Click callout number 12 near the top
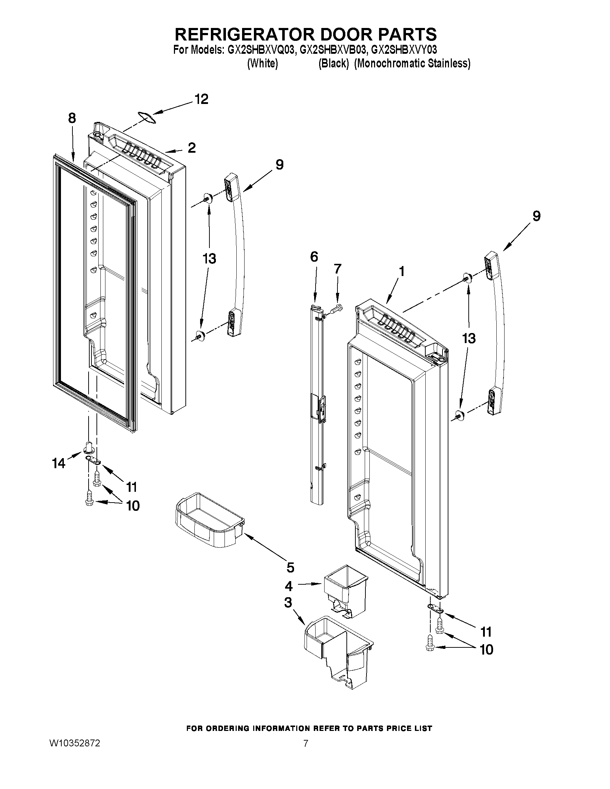tap(202, 99)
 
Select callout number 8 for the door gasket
tap(72, 118)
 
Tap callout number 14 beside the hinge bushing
tap(58, 463)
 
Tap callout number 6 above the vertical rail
tap(314, 257)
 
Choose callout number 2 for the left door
tap(191, 147)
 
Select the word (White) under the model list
tap(263, 63)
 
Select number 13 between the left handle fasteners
tap(209, 259)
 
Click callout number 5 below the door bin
tap(290, 567)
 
